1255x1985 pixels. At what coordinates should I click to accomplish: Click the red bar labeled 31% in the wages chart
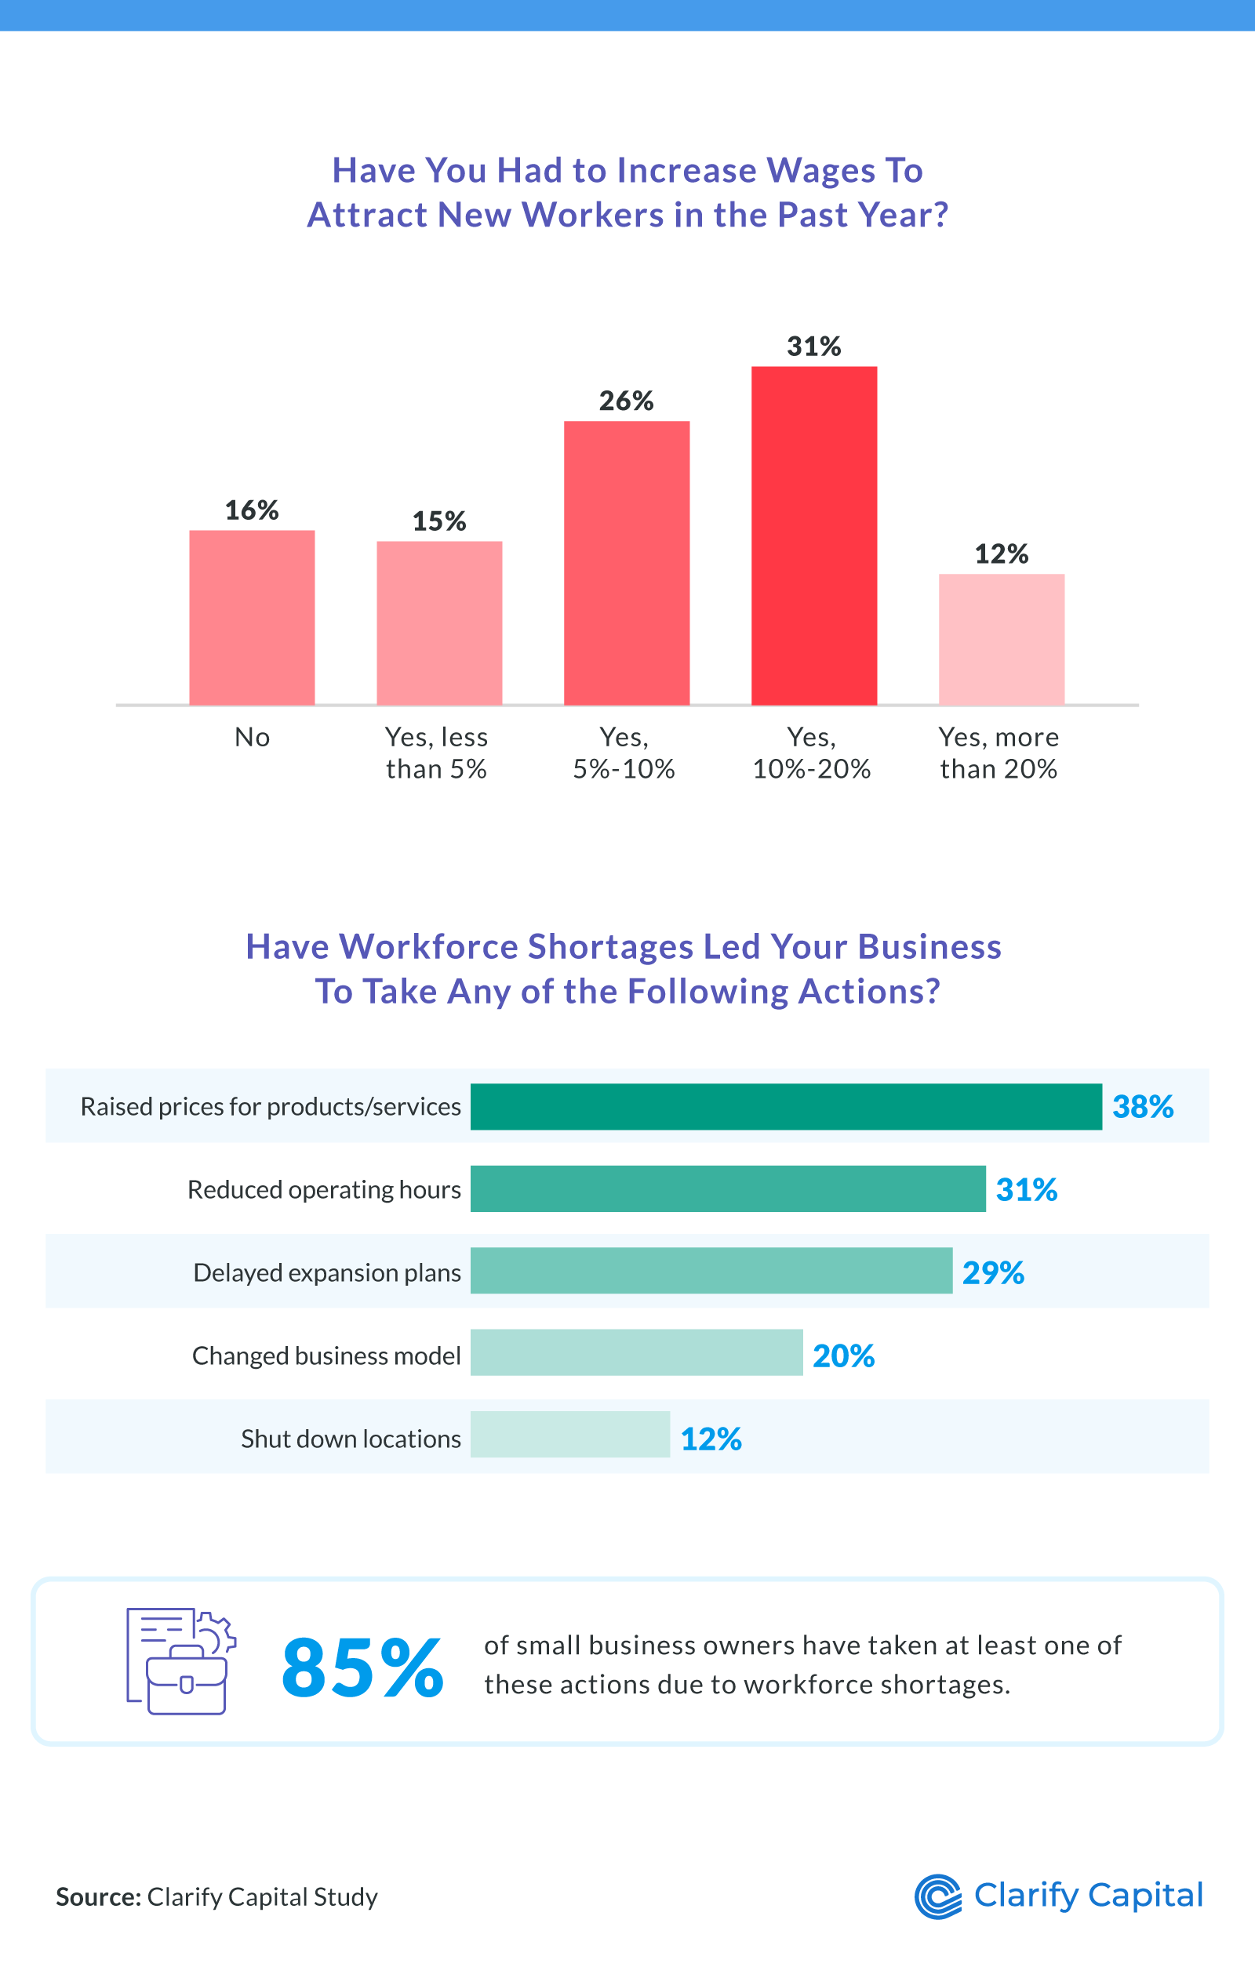(x=814, y=535)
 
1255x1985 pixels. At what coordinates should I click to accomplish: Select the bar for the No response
(x=252, y=618)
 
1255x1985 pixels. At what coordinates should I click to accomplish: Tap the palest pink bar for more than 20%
(x=1001, y=640)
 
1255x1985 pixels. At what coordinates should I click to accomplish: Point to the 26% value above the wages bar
(x=626, y=401)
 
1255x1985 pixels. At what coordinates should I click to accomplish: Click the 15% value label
(x=438, y=521)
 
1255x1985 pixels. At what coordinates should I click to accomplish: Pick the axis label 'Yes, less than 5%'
(x=436, y=753)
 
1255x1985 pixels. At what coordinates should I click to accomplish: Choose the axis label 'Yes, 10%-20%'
(x=811, y=753)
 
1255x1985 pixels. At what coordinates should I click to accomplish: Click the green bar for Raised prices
(x=786, y=1106)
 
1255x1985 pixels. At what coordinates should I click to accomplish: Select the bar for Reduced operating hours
(x=727, y=1188)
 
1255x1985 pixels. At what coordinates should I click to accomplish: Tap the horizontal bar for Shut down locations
(x=569, y=1435)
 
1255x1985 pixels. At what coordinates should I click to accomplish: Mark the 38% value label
(x=1142, y=1106)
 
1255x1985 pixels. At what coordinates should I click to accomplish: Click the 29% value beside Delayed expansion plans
(x=993, y=1273)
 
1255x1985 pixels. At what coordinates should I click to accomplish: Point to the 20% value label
(x=842, y=1356)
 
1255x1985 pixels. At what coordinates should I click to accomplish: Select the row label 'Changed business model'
(x=326, y=1356)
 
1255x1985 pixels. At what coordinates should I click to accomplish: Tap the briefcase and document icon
(x=180, y=1661)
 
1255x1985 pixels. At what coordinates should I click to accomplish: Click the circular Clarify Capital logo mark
(x=937, y=1896)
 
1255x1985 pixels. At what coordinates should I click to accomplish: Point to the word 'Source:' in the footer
(x=98, y=1896)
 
